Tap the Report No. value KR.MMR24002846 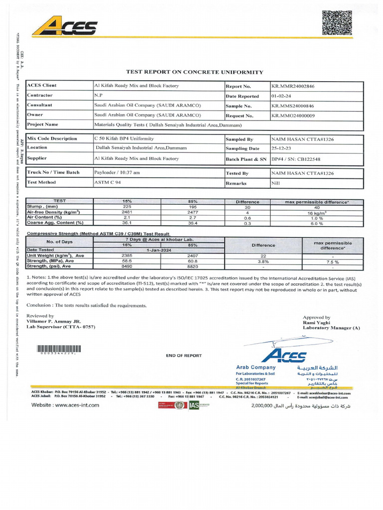click(x=293, y=86)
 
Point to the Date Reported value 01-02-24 click(x=281, y=96)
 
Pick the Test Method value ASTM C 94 click(x=108, y=182)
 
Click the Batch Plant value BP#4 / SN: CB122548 click(x=297, y=158)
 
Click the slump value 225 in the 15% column click(x=127, y=207)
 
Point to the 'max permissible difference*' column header click(x=317, y=202)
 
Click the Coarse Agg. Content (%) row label click(x=55, y=223)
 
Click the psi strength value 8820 click(x=192, y=266)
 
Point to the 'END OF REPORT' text click(x=184, y=356)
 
